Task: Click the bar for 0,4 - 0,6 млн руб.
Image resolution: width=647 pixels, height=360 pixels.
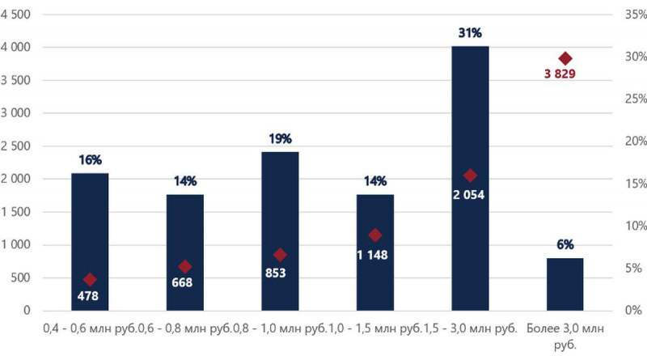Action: coord(90,242)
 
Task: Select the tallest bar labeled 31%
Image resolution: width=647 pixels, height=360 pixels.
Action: coord(470,178)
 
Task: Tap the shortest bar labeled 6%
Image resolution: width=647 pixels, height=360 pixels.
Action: coord(565,285)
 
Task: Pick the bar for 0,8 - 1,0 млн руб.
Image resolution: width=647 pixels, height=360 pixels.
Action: coord(280,231)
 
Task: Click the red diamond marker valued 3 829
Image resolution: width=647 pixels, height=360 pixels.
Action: coord(565,58)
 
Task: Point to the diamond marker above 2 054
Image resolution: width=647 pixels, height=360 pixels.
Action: coord(470,176)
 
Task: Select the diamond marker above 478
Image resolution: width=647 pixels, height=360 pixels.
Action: coord(90,279)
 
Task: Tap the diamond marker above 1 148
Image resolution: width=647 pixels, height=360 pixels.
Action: coord(375,235)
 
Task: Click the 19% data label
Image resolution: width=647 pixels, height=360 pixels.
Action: coord(280,138)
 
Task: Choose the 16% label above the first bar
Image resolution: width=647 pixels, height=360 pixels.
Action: coord(90,159)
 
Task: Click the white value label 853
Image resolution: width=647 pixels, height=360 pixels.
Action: coord(276,273)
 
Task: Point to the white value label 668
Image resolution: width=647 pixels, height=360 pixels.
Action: coord(182,282)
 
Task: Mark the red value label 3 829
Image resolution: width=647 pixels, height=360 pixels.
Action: coord(560,74)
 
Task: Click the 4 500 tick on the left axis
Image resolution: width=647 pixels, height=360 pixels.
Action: coord(15,15)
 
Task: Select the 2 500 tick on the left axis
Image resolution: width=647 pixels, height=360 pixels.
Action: coord(15,146)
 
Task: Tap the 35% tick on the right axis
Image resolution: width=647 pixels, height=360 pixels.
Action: coord(636,15)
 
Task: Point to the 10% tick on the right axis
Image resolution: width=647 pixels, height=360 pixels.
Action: coord(636,226)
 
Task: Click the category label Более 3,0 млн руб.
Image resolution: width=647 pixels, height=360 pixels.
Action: coord(565,337)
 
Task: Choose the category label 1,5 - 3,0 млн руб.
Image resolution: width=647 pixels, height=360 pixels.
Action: coord(471,328)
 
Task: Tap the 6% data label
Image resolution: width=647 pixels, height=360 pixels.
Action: coord(565,244)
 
